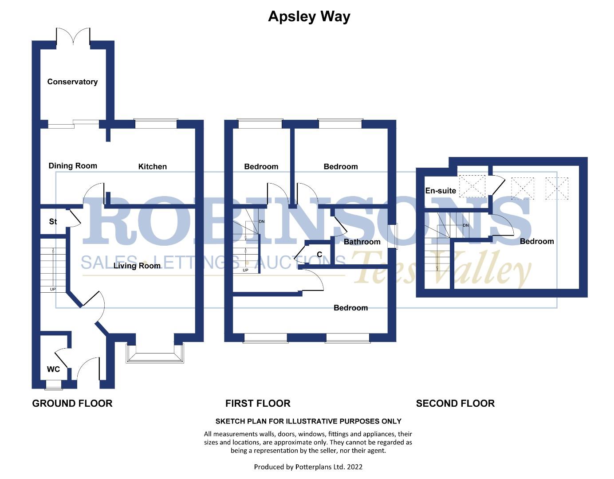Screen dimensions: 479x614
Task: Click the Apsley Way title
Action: [x=309, y=16]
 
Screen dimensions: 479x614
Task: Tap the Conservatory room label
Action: [x=72, y=82]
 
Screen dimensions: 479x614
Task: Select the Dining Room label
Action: [x=73, y=166]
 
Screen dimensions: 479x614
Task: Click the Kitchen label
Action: [x=153, y=166]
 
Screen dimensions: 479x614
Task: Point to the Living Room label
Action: [x=137, y=266]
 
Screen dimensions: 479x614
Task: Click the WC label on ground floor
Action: [x=53, y=369]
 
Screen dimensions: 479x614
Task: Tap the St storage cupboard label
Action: [x=53, y=221]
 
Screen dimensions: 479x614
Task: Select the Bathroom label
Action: [x=362, y=242]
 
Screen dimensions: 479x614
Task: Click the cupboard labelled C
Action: [x=319, y=255]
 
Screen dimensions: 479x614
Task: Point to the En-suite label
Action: [x=441, y=191]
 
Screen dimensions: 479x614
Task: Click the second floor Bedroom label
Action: [x=537, y=241]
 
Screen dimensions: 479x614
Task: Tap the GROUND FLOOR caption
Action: [x=72, y=403]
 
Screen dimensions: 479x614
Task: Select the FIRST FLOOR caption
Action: [x=258, y=403]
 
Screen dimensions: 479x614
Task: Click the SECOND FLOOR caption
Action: [x=455, y=403]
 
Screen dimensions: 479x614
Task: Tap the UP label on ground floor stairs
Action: [x=53, y=289]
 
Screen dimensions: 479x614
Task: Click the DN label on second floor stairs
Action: [x=465, y=225]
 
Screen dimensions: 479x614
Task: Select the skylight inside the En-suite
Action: [x=472, y=186]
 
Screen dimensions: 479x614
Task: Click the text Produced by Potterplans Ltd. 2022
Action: [x=308, y=467]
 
